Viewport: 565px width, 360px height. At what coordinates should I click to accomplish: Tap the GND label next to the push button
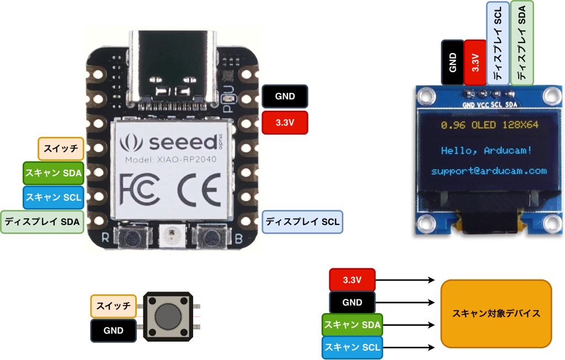tap(113, 331)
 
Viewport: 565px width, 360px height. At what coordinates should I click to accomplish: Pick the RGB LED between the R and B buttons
tap(170, 238)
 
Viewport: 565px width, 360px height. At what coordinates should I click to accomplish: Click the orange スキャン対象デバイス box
tap(496, 314)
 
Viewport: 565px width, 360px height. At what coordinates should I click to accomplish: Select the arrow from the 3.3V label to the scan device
tap(405, 280)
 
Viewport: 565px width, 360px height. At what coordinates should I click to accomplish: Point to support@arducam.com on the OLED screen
tap(489, 171)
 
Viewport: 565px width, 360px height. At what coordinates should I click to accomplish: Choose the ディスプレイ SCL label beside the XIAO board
tap(302, 222)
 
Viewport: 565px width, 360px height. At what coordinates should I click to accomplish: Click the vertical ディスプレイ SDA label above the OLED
tap(522, 43)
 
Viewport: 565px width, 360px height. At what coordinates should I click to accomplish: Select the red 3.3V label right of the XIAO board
tap(285, 122)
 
